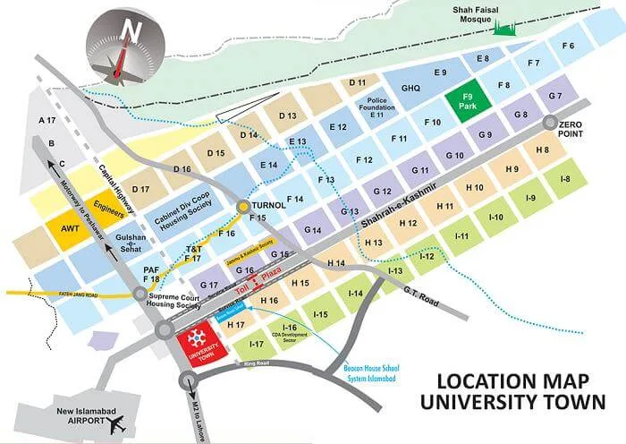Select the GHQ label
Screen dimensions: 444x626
coord(410,89)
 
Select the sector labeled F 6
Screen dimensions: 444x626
coord(567,46)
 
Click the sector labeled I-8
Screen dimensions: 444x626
coord(564,179)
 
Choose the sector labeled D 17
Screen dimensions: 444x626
coord(140,189)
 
